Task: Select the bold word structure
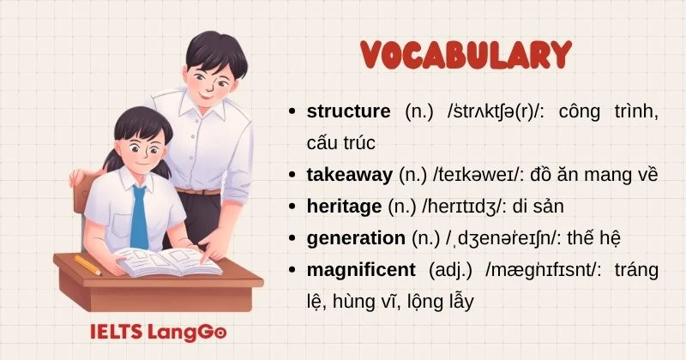[348, 111]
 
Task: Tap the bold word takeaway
[349, 175]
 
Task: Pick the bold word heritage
[343, 207]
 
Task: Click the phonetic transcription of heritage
[463, 207]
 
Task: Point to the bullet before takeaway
[294, 175]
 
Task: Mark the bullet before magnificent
[294, 270]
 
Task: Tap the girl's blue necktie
[138, 214]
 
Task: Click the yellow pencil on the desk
[87, 265]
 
